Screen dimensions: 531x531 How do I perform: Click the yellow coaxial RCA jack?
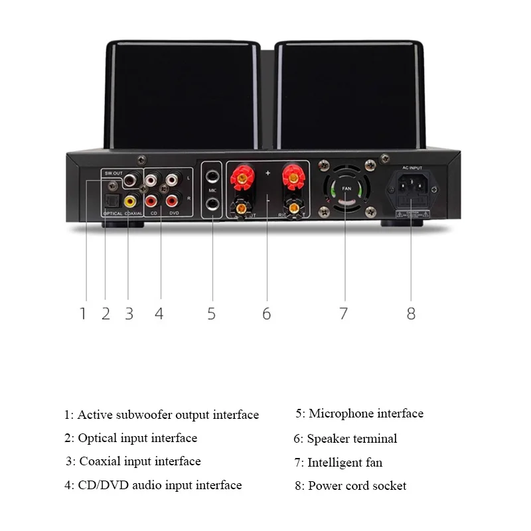(x=129, y=199)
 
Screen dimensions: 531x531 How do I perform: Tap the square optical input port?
(x=110, y=198)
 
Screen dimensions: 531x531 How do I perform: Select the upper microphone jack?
(x=212, y=178)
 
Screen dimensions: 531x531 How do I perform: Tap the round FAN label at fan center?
(x=345, y=189)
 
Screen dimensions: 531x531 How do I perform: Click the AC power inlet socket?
(x=411, y=189)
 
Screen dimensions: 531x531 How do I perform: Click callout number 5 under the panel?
(x=211, y=313)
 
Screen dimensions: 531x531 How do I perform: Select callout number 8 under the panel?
(x=411, y=313)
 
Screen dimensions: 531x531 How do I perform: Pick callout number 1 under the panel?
(x=83, y=313)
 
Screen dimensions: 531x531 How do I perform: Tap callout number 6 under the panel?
(x=266, y=313)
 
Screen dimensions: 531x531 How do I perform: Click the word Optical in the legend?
(x=98, y=438)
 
